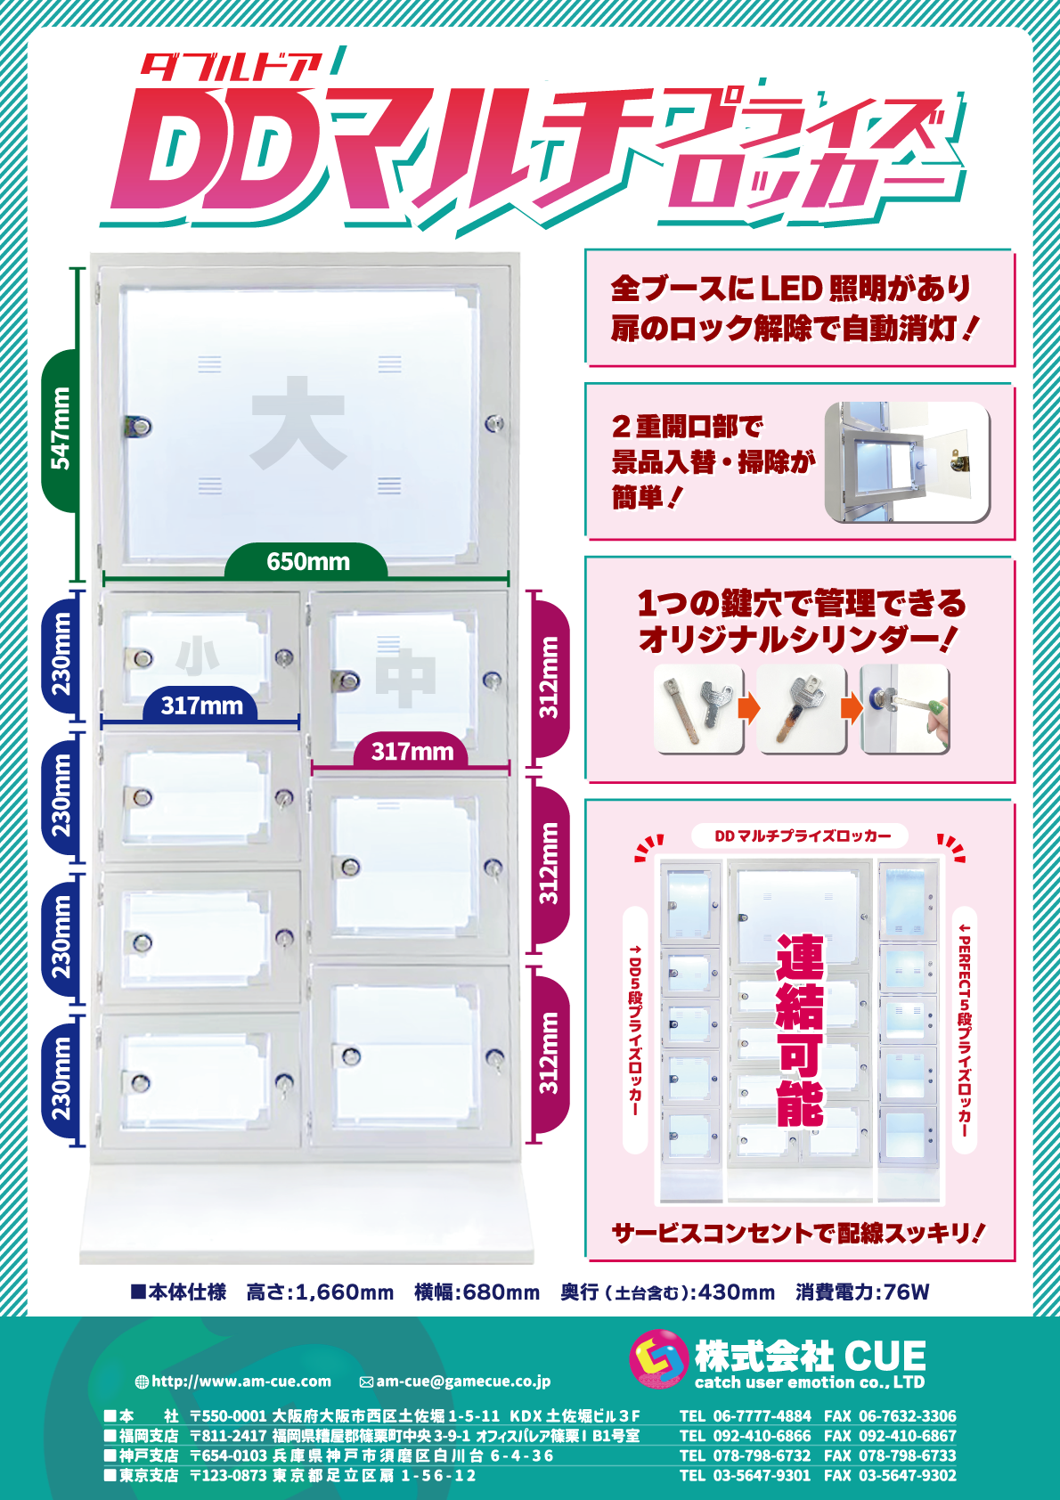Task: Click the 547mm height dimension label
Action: point(61,429)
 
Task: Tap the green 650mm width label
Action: point(307,561)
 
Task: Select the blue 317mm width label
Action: point(201,705)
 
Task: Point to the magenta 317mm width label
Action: point(412,751)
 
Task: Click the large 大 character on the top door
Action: point(298,422)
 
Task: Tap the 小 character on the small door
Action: point(198,657)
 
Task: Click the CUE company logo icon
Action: point(659,1359)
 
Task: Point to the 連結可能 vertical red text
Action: point(800,1031)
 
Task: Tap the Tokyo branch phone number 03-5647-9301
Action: point(762,1475)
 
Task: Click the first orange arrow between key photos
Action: point(750,708)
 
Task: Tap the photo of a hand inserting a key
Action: point(905,708)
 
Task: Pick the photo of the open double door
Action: point(907,462)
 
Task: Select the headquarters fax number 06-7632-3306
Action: point(908,1415)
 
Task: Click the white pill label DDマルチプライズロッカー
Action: point(800,836)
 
